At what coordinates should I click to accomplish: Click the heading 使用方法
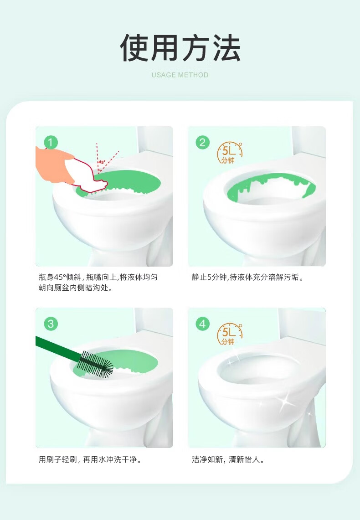[x=180, y=48]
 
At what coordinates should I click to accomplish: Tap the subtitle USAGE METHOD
[x=180, y=75]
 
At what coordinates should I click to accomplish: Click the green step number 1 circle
[x=51, y=142]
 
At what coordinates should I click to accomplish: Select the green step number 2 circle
[x=202, y=142]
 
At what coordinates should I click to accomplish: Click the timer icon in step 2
[x=229, y=153]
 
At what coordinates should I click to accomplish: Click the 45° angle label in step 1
[x=102, y=162]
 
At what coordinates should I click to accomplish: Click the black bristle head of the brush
[x=96, y=364]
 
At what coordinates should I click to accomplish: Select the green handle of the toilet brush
[x=58, y=348]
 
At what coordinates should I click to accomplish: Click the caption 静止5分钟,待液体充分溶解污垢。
[x=247, y=277]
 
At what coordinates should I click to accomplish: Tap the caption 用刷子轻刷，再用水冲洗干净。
[x=90, y=459]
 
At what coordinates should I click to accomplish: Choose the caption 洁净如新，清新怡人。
[x=228, y=459]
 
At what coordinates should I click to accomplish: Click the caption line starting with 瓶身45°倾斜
[x=98, y=277]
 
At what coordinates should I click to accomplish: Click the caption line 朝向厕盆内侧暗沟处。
[x=76, y=288]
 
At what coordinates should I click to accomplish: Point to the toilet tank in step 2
[x=309, y=141]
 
